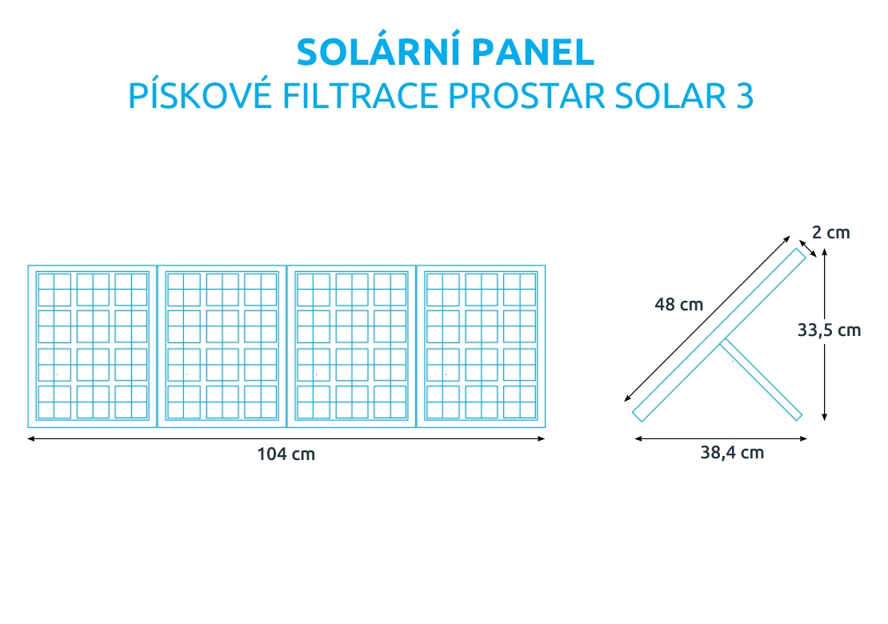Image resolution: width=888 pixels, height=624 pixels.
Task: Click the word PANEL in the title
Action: pyautogui.click(x=532, y=52)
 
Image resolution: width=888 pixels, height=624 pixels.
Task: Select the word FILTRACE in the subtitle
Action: pyautogui.click(x=360, y=96)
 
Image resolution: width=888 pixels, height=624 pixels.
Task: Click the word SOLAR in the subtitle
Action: pyautogui.click(x=670, y=96)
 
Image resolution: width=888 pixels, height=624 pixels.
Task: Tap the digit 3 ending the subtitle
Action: pyautogui.click(x=745, y=96)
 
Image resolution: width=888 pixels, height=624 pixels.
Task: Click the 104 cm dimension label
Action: pyautogui.click(x=286, y=454)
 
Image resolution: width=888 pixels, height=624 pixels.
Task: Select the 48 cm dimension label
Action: pyautogui.click(x=679, y=305)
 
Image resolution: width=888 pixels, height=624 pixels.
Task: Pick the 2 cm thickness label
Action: pyautogui.click(x=831, y=233)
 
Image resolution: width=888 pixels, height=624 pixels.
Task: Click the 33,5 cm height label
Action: pyautogui.click(x=829, y=330)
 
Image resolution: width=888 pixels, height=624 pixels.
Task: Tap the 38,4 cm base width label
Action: pyautogui.click(x=732, y=453)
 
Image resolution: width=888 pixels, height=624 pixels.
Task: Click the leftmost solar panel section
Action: pyautogui.click(x=92, y=346)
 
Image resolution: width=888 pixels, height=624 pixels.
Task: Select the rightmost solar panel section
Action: pyautogui.click(x=481, y=346)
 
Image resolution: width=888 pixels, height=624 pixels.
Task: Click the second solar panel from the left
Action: pyautogui.click(x=222, y=346)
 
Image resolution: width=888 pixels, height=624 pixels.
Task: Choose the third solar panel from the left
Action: pyautogui.click(x=352, y=346)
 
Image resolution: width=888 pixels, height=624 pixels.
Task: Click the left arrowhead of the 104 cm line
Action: pyautogui.click(x=31, y=438)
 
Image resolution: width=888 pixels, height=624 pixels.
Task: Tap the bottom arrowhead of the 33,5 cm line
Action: pyautogui.click(x=825, y=417)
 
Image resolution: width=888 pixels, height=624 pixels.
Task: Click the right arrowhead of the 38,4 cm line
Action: pyautogui.click(x=803, y=438)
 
